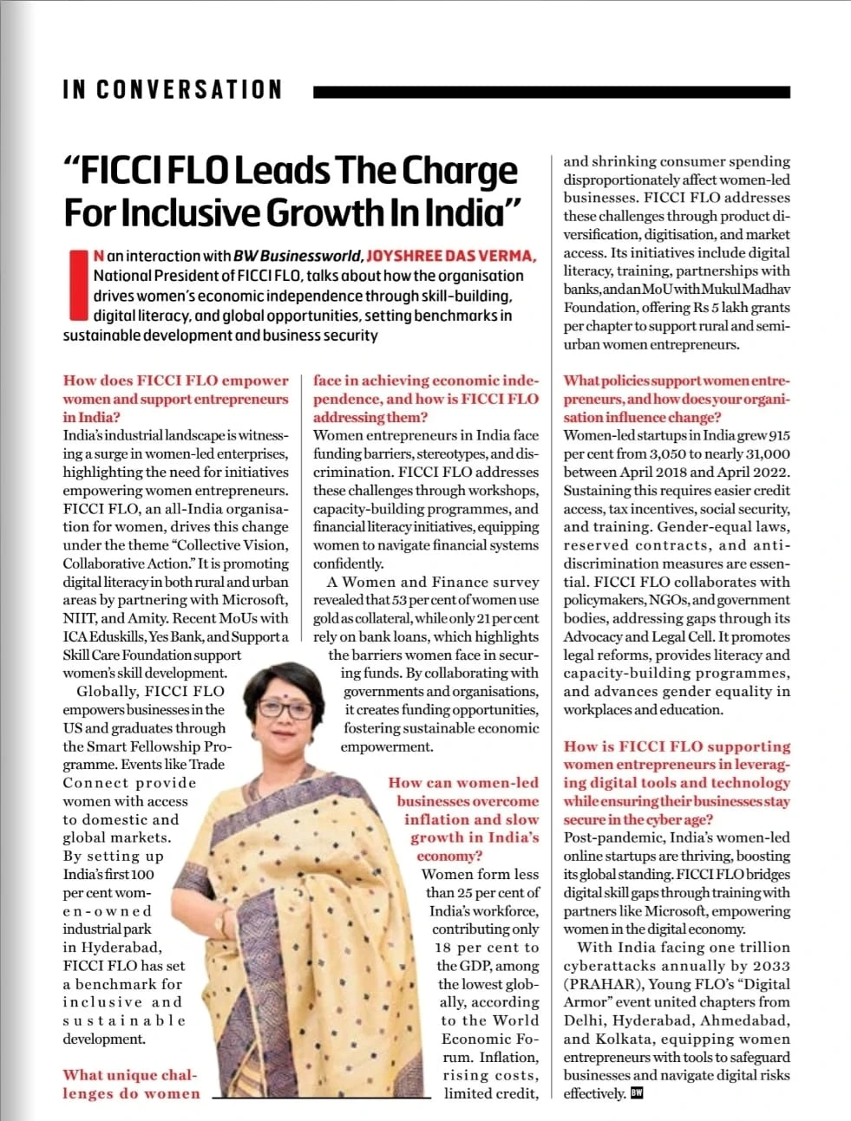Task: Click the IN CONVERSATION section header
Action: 173,90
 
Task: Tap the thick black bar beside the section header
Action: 551,91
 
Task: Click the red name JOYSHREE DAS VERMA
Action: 452,256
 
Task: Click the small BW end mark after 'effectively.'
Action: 637,1093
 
